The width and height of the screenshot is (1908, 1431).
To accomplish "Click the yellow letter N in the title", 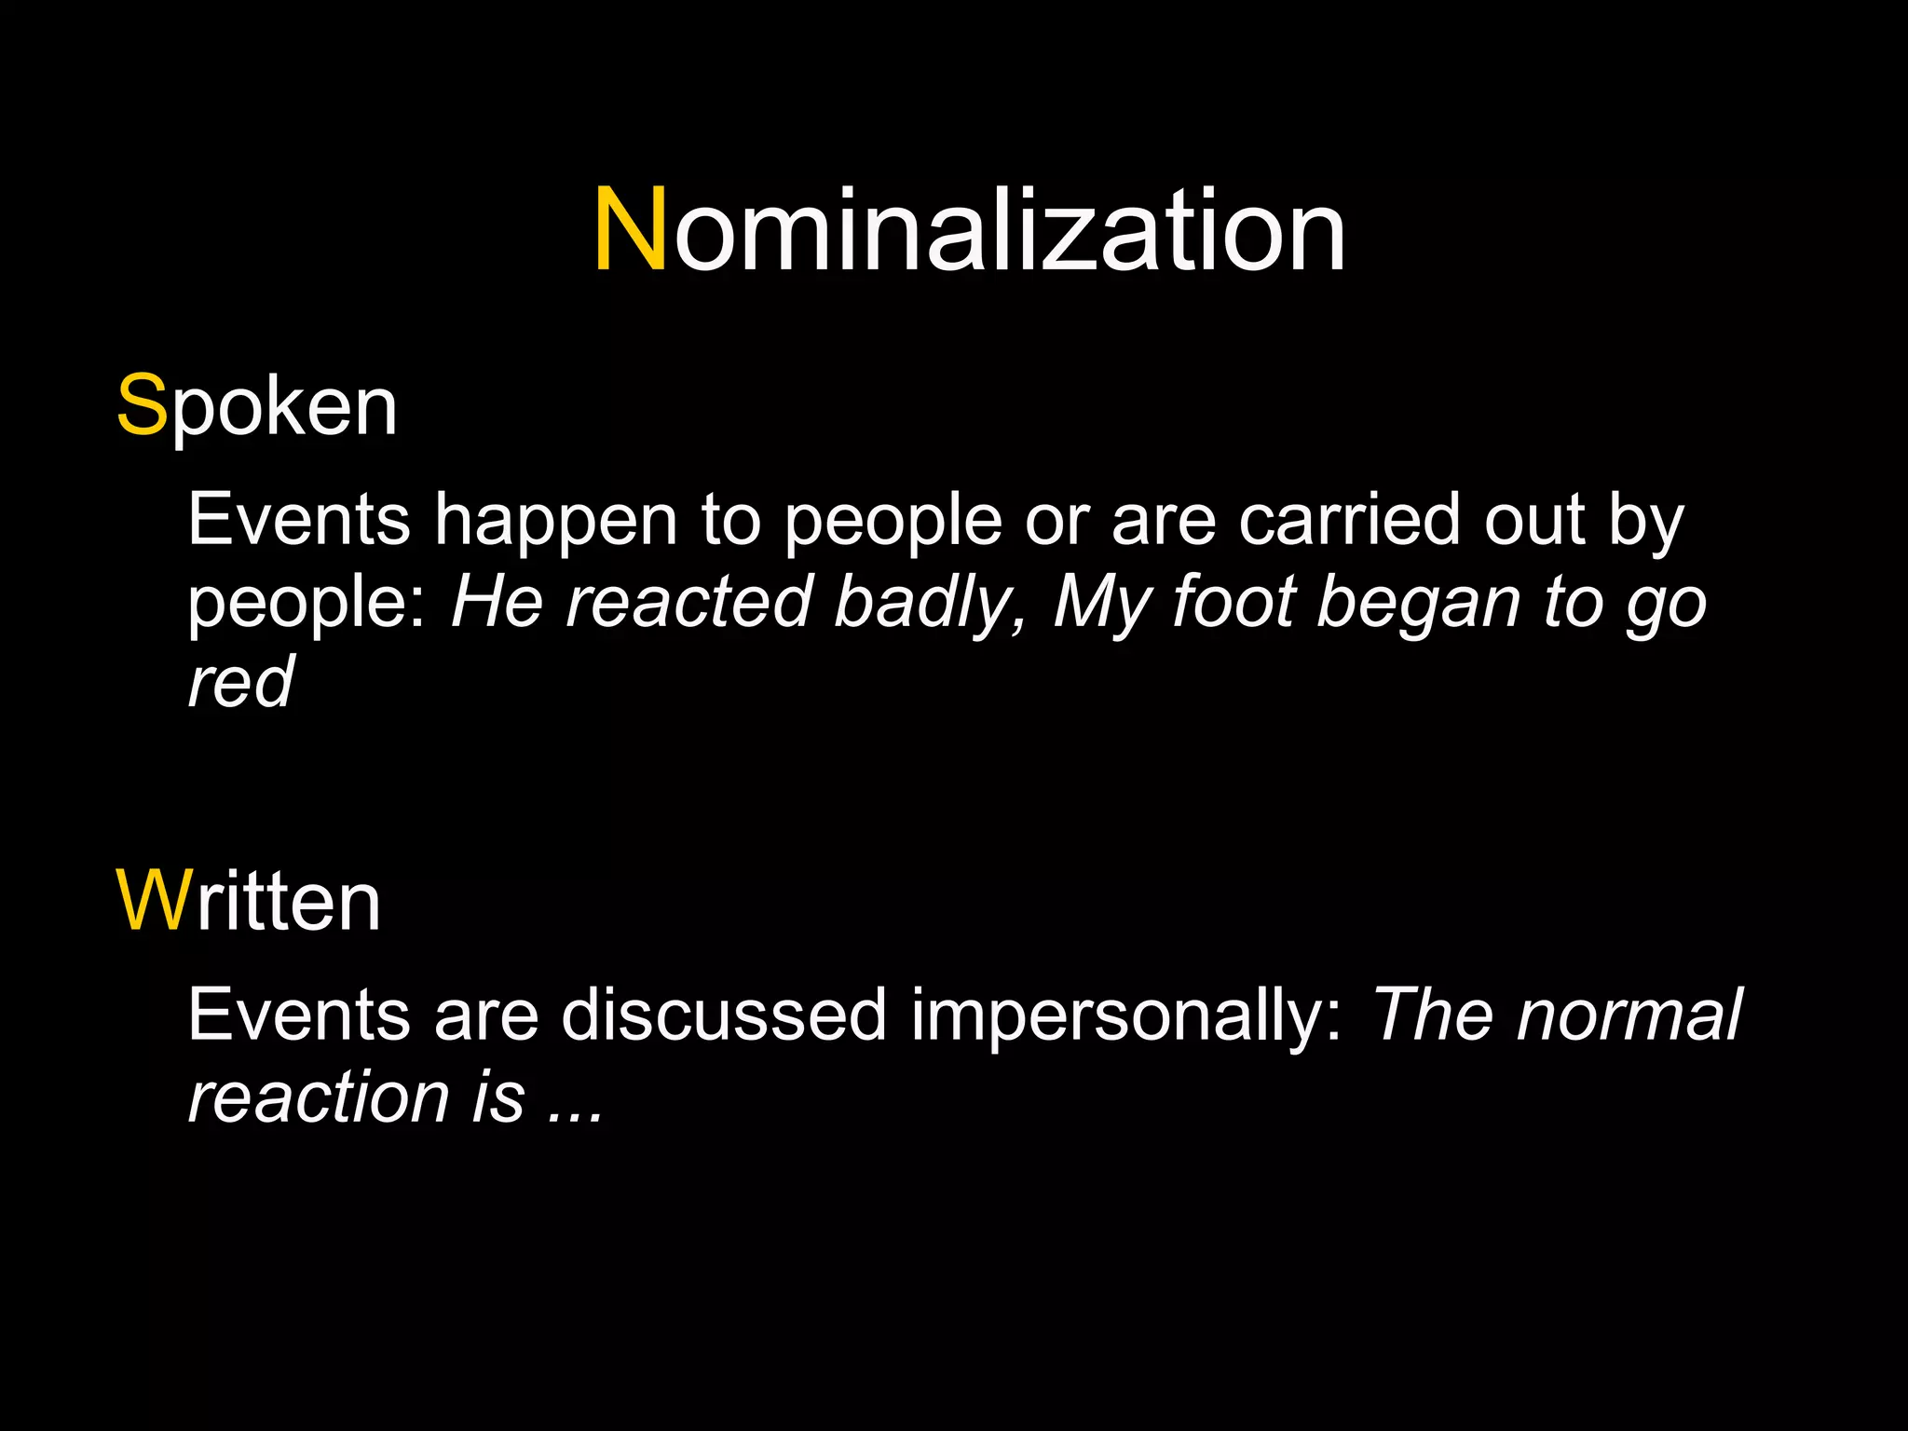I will coord(631,230).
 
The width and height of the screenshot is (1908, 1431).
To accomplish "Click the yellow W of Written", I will coord(154,901).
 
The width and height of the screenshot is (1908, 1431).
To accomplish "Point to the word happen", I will coord(556,521).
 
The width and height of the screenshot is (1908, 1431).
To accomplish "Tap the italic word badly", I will coord(927,604).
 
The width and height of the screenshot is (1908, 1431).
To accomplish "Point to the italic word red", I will coord(240,682).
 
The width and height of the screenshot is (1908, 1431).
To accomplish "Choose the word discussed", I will coord(724,1015).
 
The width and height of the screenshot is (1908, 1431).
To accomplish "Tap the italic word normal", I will coord(1629,1015).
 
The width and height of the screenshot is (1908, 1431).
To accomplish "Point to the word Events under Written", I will coord(299,1015).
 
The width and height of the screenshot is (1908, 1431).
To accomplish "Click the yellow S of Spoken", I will coord(142,406).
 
